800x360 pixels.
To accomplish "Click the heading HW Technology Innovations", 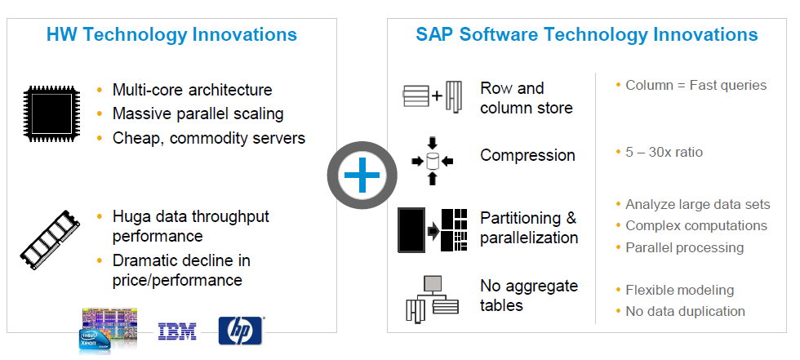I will click(x=171, y=35).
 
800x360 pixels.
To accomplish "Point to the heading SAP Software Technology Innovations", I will click(x=587, y=35).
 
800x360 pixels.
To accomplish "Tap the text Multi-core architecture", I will click(x=193, y=90).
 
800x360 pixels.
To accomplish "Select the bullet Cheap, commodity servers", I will click(x=209, y=138).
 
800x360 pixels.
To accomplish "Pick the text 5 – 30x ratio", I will click(x=664, y=153).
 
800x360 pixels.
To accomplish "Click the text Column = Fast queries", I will click(x=696, y=85).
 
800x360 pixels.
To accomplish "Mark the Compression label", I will click(x=527, y=155).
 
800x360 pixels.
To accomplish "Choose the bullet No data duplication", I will click(x=685, y=311).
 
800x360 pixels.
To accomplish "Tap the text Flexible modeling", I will click(x=679, y=290).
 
